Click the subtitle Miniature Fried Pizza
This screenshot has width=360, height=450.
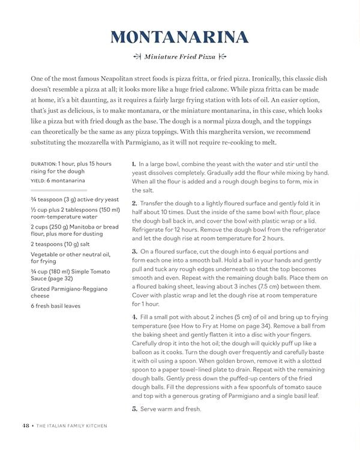[179, 56]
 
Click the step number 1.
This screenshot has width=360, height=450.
[133, 163]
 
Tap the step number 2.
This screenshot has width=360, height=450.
[134, 203]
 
